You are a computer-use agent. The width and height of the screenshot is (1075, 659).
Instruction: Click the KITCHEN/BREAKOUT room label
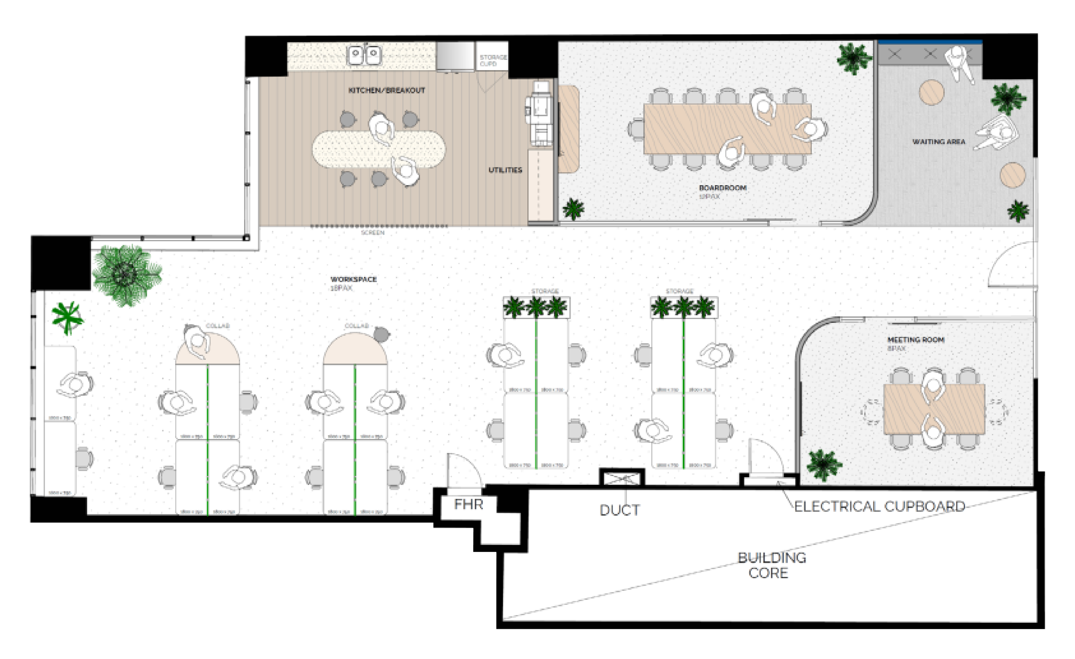point(387,90)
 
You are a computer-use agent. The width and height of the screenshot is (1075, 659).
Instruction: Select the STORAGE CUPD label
point(493,60)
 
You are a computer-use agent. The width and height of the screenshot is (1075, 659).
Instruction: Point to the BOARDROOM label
point(723,188)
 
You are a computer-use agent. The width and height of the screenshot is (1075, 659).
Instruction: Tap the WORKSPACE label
point(353,279)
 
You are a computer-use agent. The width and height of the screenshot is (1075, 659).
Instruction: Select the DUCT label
point(619,510)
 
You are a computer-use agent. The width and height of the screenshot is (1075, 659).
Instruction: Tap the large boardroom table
point(727,129)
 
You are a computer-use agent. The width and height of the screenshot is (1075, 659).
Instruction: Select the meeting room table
point(934,409)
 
